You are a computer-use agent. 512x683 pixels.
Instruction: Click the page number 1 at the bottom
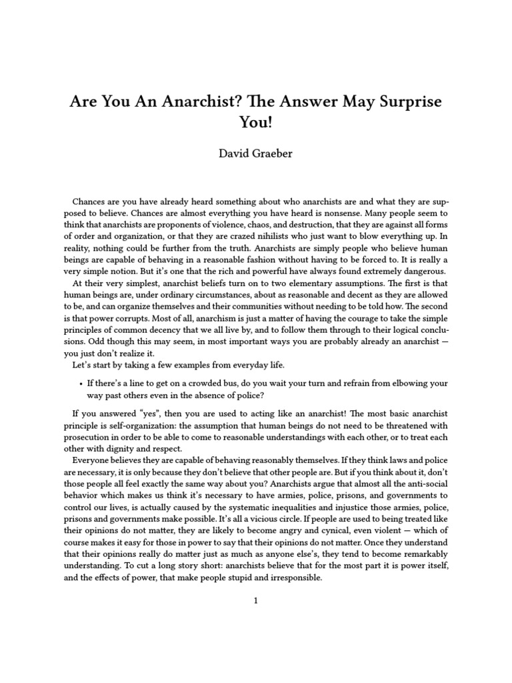[255, 600]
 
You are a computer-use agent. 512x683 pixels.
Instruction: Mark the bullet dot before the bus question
[81, 384]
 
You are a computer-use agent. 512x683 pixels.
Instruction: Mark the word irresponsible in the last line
[289, 578]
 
